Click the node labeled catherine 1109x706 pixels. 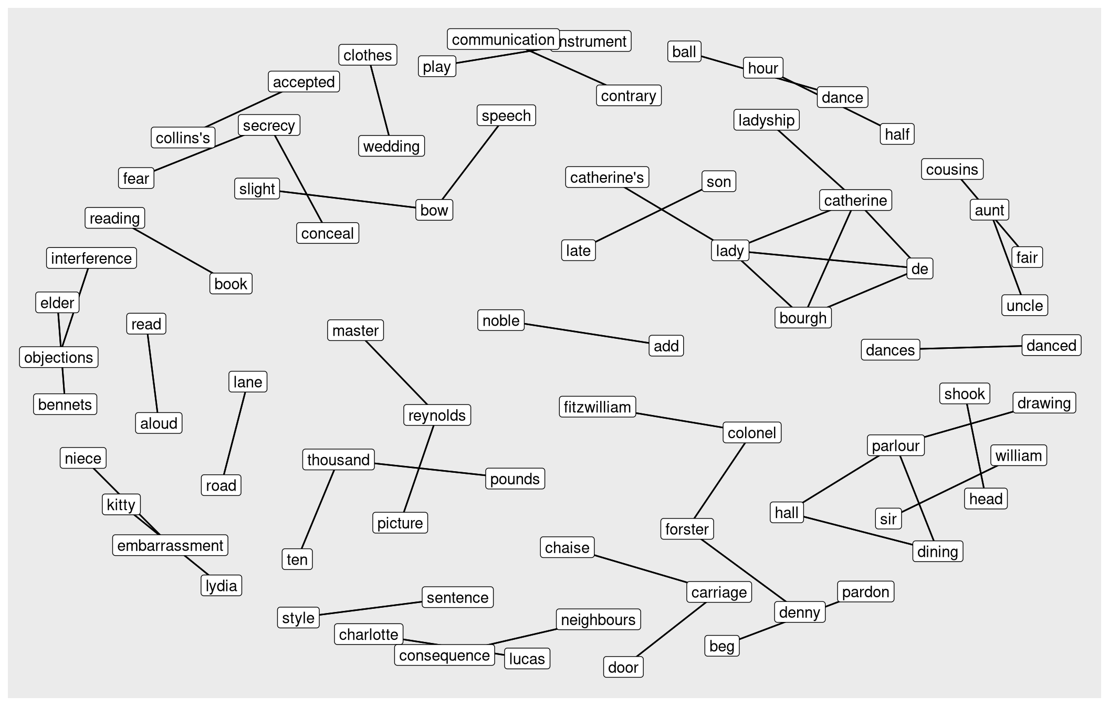click(x=855, y=200)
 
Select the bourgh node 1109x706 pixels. click(x=802, y=318)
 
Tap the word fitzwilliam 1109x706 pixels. click(x=597, y=407)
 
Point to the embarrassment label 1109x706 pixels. click(x=170, y=545)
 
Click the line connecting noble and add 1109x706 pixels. click(x=587, y=334)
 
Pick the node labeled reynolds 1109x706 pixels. click(x=436, y=415)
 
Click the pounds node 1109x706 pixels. click(x=515, y=479)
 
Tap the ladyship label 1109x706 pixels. click(x=766, y=120)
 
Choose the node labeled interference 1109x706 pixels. click(x=91, y=258)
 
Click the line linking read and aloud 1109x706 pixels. click(x=153, y=373)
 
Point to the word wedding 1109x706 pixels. click(x=391, y=146)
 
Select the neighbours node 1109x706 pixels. click(x=598, y=620)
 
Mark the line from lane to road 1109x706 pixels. click(x=235, y=433)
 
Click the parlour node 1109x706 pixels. click(x=895, y=445)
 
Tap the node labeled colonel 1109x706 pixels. click(x=751, y=433)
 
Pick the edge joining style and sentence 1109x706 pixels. click(x=371, y=608)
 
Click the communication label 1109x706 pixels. click(x=503, y=39)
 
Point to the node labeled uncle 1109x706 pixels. click(x=1024, y=305)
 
